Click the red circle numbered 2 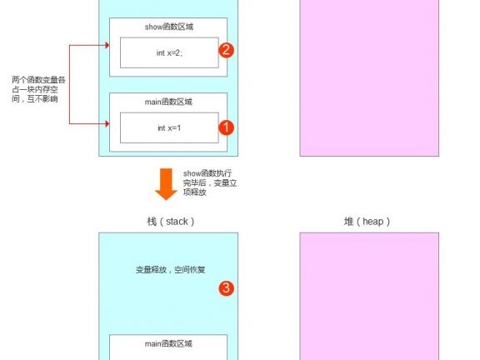click(x=226, y=50)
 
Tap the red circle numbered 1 click(x=226, y=127)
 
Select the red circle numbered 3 click(x=226, y=288)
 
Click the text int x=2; click(x=169, y=53)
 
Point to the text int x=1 click(x=169, y=128)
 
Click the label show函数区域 click(x=169, y=27)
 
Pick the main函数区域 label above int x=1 click(x=168, y=102)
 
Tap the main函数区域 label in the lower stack click(x=168, y=344)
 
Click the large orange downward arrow click(x=166, y=184)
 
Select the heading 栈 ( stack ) click(x=171, y=222)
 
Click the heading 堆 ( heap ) click(x=367, y=222)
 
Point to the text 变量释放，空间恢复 click(x=170, y=270)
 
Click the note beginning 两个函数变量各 click(x=38, y=89)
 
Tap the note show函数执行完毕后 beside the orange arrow click(x=210, y=182)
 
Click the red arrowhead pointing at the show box click(x=107, y=45)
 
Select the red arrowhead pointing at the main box click(x=107, y=123)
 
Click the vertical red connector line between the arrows click(x=69, y=84)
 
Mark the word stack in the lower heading click(x=177, y=222)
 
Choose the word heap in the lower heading click(x=372, y=222)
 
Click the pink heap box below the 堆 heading click(x=369, y=297)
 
